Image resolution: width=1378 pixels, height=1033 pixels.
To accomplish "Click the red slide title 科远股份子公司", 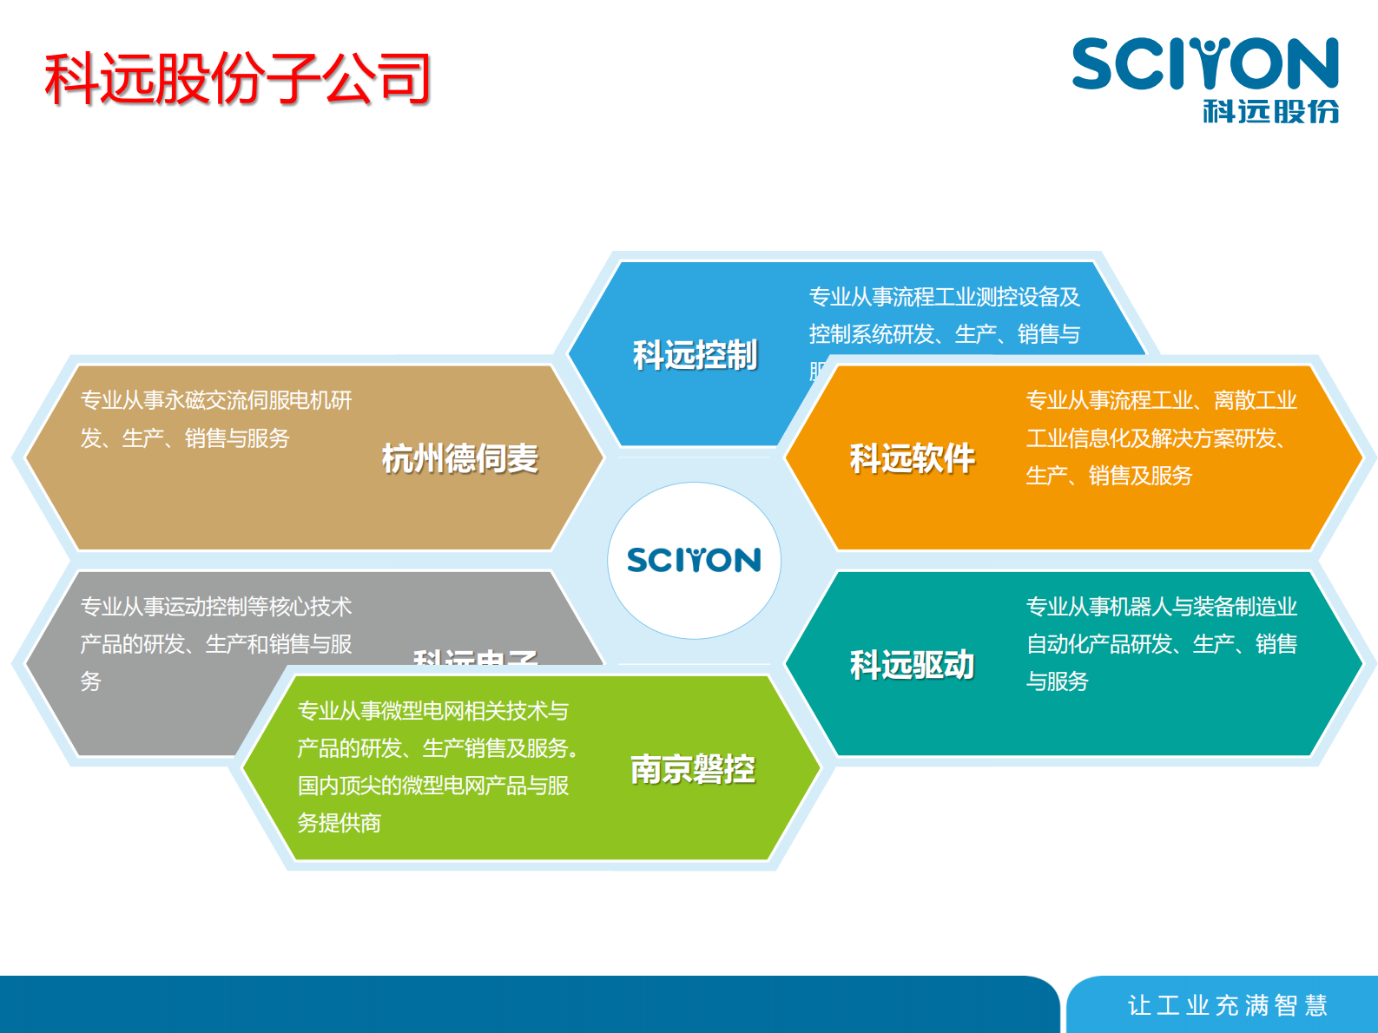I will pos(237,79).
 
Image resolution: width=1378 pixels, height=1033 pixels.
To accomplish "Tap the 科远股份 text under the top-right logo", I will pos(1270,112).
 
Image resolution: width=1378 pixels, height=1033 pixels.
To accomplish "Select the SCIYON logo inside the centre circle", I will pos(694,561).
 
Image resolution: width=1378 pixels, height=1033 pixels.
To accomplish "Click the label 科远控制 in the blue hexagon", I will pos(695,356).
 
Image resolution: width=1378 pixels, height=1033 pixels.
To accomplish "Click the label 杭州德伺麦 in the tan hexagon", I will pos(460,458).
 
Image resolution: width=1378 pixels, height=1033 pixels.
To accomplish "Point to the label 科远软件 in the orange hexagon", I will pos(912,458).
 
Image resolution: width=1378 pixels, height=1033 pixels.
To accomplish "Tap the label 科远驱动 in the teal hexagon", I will pos(912,665).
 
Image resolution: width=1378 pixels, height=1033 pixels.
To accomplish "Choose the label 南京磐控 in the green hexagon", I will pos(692,769).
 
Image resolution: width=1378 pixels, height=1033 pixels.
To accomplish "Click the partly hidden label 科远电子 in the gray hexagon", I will pos(475,657).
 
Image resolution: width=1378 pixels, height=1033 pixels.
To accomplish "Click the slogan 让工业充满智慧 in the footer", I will pos(1227,1005).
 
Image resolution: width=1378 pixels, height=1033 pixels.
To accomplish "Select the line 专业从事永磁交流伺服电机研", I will pos(216,400).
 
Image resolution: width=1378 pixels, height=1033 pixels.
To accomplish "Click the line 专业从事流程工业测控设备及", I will pos(944,297).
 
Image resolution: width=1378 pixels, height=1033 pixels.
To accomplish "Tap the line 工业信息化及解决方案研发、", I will pos(1155,438).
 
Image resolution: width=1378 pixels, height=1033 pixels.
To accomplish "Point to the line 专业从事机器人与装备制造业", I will pos(1161,607).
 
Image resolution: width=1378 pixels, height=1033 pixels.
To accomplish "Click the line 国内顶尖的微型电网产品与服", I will pos(432,786).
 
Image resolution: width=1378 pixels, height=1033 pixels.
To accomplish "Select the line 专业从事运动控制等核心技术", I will pos(216,607).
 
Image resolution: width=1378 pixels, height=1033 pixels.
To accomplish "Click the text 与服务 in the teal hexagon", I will pos(1057,681).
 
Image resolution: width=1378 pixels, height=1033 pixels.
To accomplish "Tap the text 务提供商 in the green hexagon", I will pos(339,823).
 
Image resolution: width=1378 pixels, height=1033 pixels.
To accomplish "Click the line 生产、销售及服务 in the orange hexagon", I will pos(1109,476).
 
